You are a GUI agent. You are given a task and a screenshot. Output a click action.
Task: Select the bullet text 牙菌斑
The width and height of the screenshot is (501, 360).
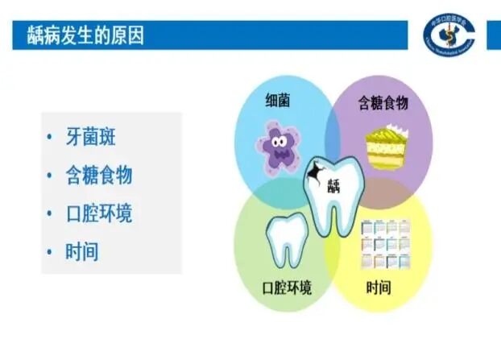90,137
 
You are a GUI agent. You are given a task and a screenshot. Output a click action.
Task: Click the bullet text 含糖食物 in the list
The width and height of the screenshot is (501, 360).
99,176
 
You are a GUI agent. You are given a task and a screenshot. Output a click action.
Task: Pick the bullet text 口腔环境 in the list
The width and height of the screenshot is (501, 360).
99,214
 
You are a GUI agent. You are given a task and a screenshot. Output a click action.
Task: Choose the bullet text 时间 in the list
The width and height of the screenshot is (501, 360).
82,252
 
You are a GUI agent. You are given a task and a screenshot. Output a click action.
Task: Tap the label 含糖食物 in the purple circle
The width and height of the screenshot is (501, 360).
383,102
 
